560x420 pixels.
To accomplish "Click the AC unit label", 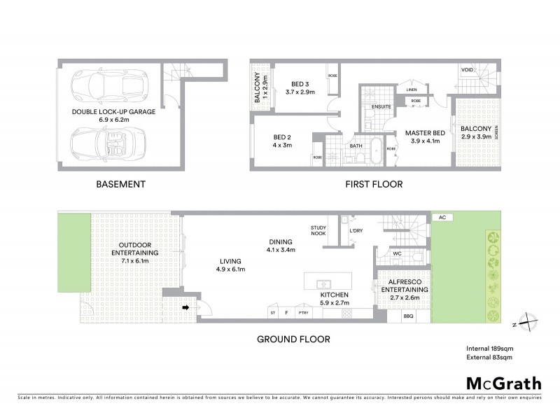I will click(x=442, y=218).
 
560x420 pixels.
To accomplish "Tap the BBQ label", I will click(x=409, y=316).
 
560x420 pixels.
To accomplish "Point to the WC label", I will click(x=396, y=253).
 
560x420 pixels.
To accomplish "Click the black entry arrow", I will click(x=186, y=307).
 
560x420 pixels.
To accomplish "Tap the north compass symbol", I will click(x=530, y=323).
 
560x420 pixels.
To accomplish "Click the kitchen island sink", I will click(x=324, y=284).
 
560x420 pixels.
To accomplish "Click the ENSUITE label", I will click(x=382, y=108).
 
